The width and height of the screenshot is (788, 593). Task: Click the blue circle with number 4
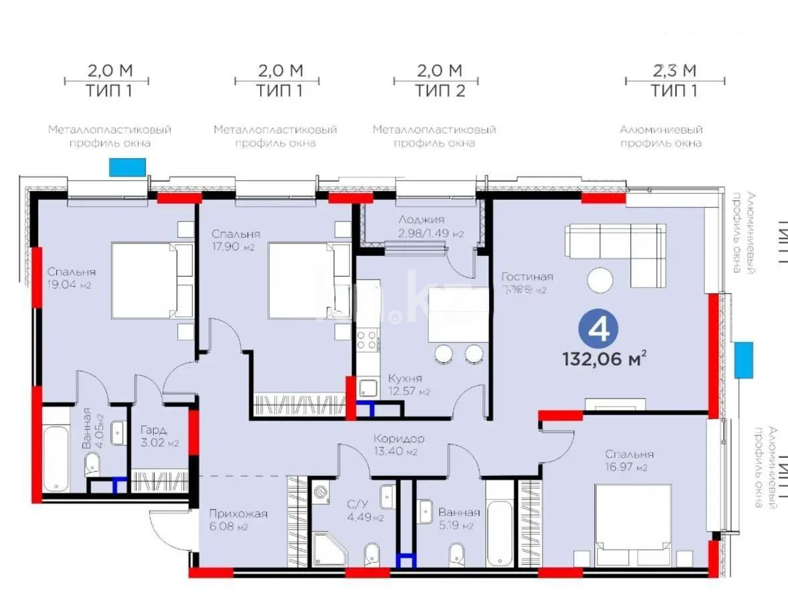599,328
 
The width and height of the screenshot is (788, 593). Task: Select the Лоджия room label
422,226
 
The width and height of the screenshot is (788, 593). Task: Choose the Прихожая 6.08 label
238,519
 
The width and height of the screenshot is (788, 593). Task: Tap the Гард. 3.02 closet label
154,437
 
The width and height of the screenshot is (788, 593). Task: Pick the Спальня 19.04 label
70,278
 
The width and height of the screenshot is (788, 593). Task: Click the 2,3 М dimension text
674,70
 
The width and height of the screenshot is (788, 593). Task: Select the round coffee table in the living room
600,279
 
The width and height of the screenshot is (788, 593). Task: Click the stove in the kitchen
367,340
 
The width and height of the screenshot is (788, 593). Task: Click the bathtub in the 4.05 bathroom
56,455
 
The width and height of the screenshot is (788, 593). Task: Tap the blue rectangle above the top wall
127,167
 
